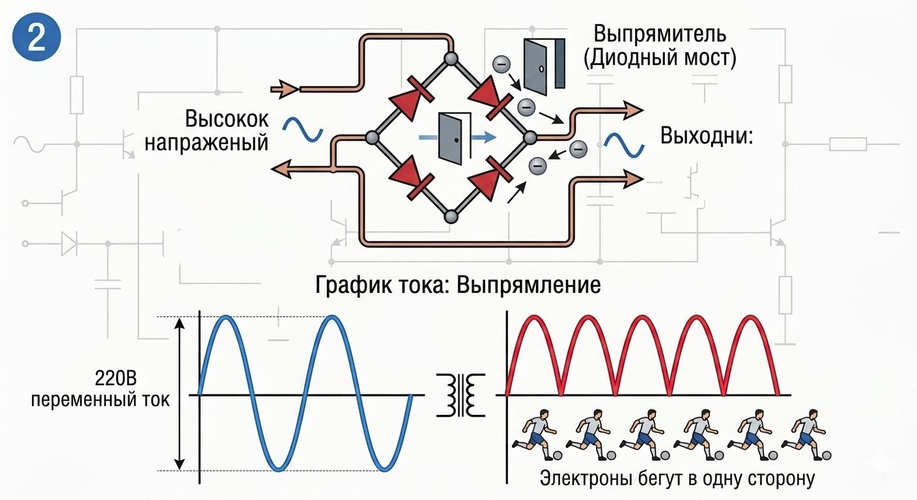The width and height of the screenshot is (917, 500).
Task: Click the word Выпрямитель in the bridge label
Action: pyautogui.click(x=659, y=33)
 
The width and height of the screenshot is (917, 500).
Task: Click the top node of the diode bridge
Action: pyautogui.click(x=450, y=59)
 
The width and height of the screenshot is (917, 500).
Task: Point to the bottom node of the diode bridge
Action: pyautogui.click(x=450, y=216)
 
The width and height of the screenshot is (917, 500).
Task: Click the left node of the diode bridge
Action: pyautogui.click(x=372, y=137)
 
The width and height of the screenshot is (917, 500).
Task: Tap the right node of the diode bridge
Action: pyautogui.click(x=529, y=137)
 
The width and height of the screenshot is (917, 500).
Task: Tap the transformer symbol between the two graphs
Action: pyautogui.click(x=463, y=395)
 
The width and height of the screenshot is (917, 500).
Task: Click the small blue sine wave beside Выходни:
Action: pyautogui.click(x=623, y=145)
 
